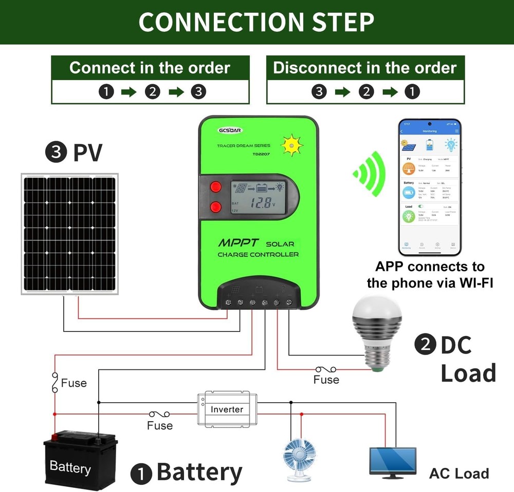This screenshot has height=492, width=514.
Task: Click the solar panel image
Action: [x=69, y=233]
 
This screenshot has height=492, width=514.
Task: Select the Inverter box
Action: [x=227, y=409]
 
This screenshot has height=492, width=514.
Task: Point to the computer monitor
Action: [x=393, y=459]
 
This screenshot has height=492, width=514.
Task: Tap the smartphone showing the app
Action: [x=430, y=187]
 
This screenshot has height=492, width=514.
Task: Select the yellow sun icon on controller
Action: [x=292, y=146]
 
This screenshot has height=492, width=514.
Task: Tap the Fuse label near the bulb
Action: [x=326, y=380]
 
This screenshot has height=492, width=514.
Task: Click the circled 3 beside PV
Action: [x=54, y=152]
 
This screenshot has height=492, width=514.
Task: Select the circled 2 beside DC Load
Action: [x=425, y=344]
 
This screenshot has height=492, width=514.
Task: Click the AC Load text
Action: [x=458, y=473]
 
